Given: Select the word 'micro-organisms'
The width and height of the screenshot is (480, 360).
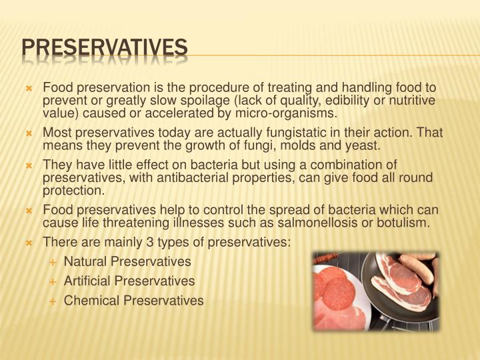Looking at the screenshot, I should click(x=295, y=113).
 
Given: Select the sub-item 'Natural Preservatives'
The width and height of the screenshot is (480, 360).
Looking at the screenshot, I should click(x=127, y=261).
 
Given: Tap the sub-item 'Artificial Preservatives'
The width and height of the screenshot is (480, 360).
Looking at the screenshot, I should click(x=129, y=281).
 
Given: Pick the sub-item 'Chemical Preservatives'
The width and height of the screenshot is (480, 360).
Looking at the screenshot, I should click(x=133, y=301).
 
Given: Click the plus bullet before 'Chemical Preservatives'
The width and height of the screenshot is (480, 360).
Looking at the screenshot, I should click(x=53, y=301).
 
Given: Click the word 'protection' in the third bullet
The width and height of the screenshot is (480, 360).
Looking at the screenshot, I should click(x=71, y=190).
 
